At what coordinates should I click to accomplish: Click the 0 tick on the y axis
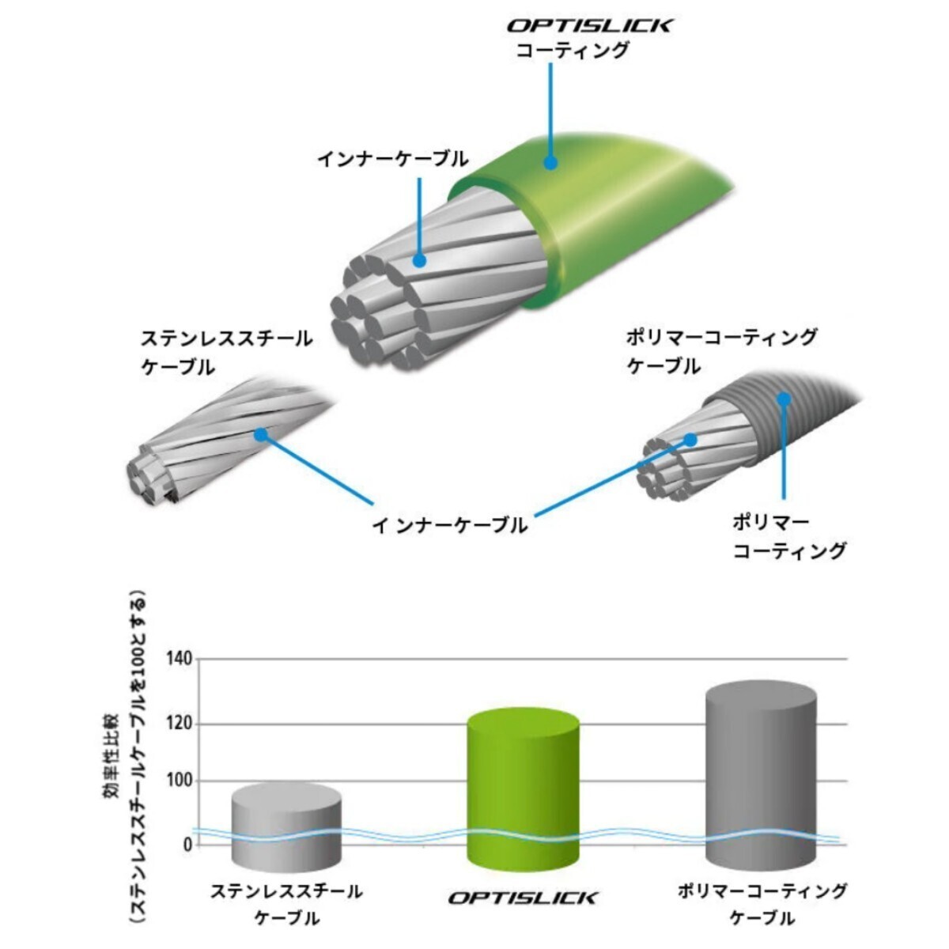click(187, 845)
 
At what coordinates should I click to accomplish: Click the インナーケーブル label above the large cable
click(393, 160)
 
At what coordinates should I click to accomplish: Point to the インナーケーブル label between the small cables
click(450, 525)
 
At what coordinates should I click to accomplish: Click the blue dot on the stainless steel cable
click(261, 434)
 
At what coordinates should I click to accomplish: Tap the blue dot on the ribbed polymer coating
click(784, 399)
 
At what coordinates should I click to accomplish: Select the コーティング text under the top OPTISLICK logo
click(573, 51)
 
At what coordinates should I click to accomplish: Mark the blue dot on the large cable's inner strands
click(419, 260)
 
